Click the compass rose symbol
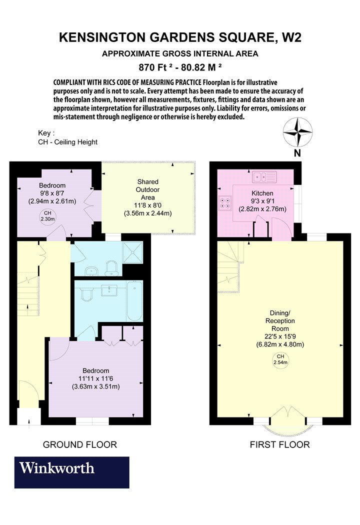[x=297, y=132]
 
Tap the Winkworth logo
[x=71, y=472]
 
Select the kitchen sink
[x=264, y=177]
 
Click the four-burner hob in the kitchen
[x=225, y=203]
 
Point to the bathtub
[x=134, y=301]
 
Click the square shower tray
[x=133, y=252]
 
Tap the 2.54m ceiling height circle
[x=280, y=360]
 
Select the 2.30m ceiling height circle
[x=47, y=216]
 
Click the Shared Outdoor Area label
[x=147, y=189]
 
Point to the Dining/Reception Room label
[x=280, y=321]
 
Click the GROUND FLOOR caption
[x=80, y=444]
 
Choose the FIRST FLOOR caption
[x=280, y=444]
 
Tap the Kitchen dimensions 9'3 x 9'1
[x=262, y=201]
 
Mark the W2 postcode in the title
[x=291, y=37]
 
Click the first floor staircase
[x=229, y=266]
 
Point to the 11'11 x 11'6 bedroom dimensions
[x=96, y=378]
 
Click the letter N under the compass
[x=297, y=153]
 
